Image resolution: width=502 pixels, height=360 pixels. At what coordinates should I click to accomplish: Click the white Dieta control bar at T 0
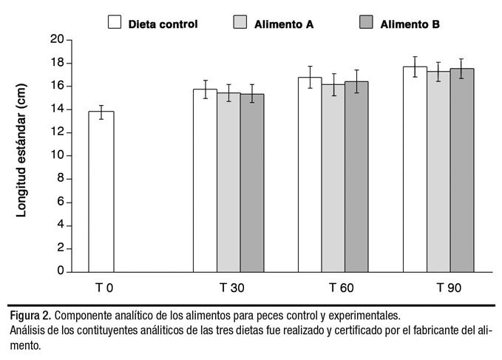coord(101,192)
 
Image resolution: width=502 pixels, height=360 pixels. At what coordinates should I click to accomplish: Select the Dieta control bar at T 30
coord(205,181)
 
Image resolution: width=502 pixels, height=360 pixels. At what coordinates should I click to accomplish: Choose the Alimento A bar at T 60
coord(333,178)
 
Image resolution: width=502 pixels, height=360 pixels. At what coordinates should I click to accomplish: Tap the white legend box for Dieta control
coord(115,21)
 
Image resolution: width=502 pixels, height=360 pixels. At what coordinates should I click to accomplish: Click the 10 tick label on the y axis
coord(55,155)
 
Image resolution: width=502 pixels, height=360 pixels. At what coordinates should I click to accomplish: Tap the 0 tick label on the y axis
coord(59,271)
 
